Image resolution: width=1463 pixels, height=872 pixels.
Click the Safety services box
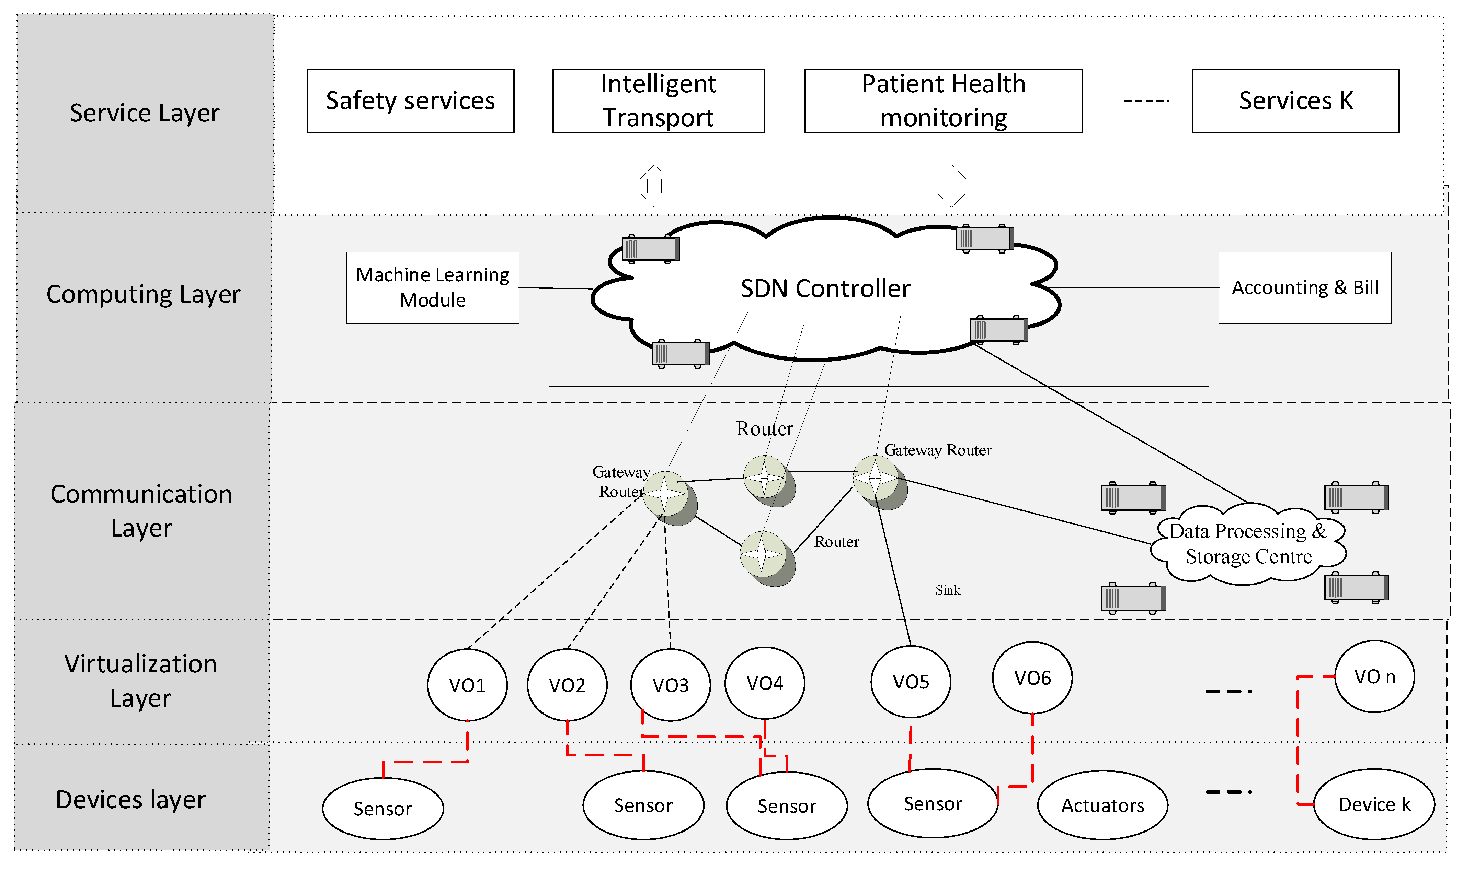click(410, 101)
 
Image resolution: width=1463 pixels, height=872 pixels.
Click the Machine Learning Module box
click(432, 287)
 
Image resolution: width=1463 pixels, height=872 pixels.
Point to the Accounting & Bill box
click(1304, 287)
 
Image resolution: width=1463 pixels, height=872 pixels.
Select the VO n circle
click(1374, 676)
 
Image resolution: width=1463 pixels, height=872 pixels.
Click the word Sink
click(947, 590)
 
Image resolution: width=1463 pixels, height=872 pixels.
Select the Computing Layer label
click(144, 294)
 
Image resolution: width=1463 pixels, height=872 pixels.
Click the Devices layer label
click(130, 800)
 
